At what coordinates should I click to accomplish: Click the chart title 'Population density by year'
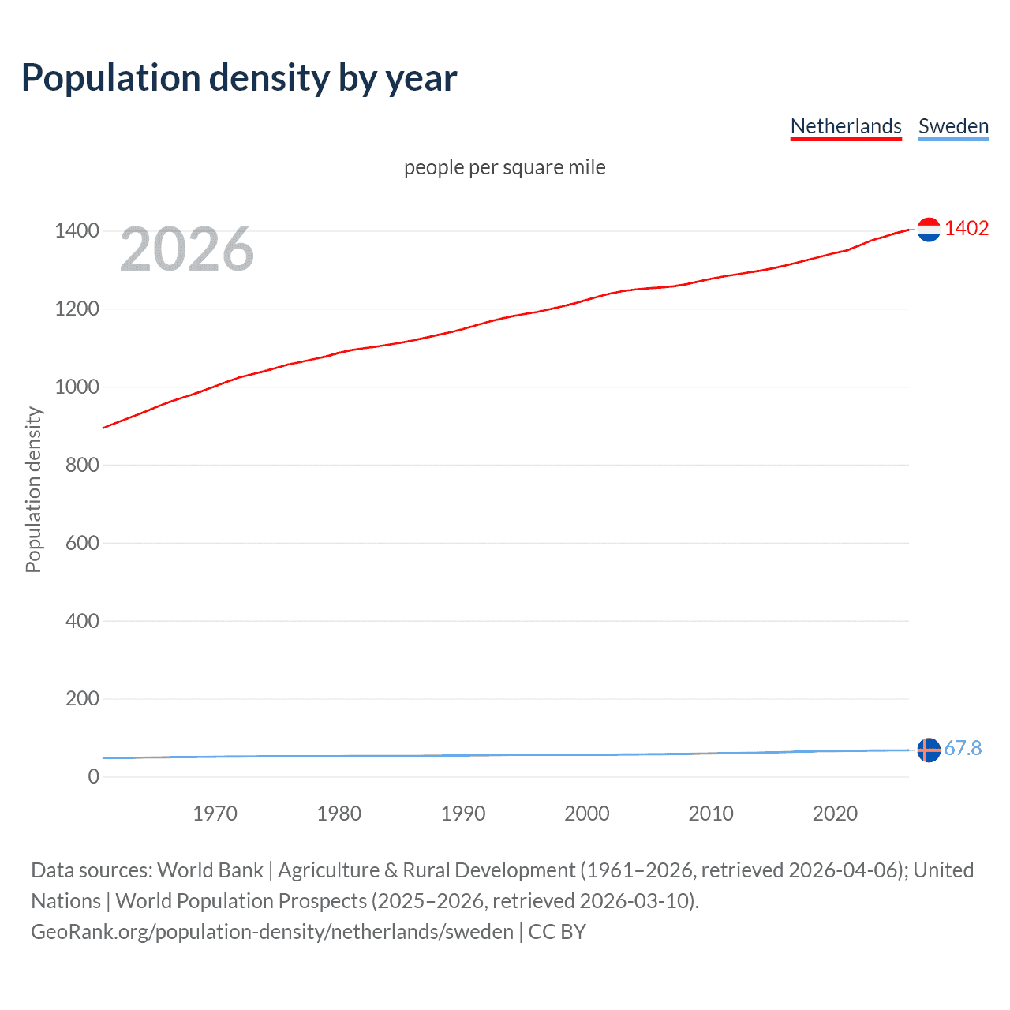point(239,78)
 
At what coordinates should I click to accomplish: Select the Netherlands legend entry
point(845,126)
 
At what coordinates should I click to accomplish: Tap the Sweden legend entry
point(953,126)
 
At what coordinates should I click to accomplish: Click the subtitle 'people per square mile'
point(504,167)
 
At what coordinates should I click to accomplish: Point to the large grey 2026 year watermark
point(187,249)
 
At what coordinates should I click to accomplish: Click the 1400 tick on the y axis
point(77,231)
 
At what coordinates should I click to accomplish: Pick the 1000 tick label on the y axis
point(77,387)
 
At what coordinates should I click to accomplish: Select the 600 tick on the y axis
point(82,543)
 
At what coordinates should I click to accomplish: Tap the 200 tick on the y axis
point(82,698)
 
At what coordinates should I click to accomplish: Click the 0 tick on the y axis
point(93,776)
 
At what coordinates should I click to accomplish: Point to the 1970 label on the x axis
point(215,814)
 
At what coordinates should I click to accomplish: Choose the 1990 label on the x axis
point(463,814)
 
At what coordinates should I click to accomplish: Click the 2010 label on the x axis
point(711,814)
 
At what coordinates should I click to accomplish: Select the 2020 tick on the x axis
point(835,814)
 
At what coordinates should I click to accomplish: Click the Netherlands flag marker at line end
point(929,230)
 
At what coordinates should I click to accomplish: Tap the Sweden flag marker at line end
point(929,750)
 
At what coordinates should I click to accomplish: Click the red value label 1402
point(967,229)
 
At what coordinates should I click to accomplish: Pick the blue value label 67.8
point(963,748)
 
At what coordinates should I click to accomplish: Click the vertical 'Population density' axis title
point(33,489)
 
